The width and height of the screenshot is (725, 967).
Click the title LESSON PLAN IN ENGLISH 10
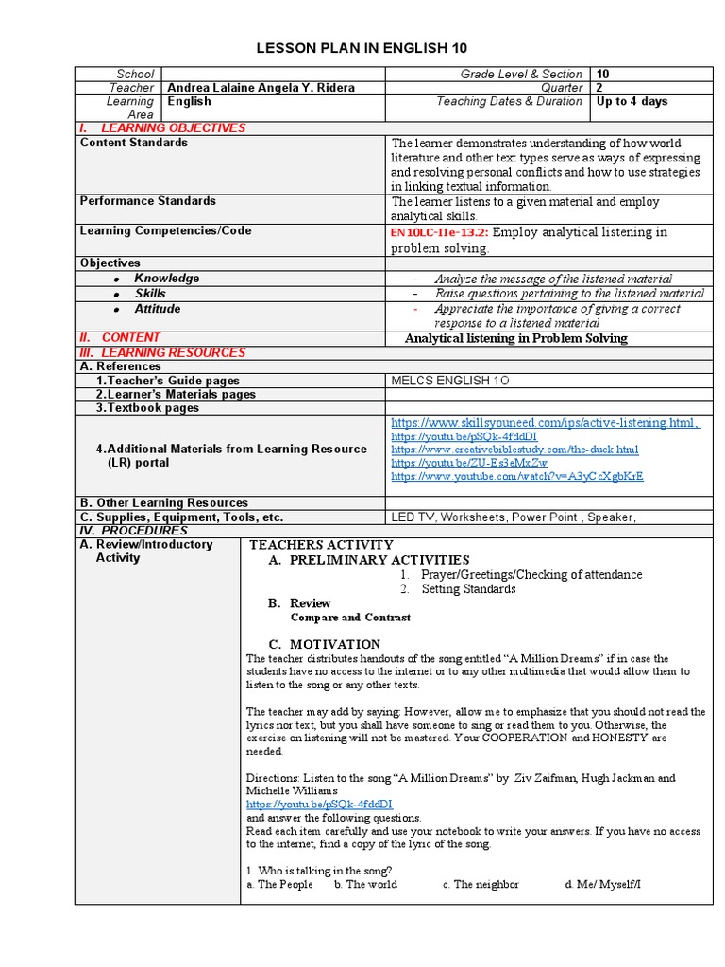point(362,49)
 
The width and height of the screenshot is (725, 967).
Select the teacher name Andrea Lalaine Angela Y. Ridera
point(261,88)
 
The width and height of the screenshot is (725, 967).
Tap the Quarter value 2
point(600,88)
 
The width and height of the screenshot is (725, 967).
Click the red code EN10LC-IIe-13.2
point(438,232)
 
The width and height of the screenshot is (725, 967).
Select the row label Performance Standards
point(147,201)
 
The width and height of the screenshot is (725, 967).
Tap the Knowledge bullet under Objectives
point(166,279)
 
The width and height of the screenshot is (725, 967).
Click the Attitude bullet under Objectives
point(157,309)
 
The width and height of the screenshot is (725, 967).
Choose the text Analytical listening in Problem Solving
point(515,338)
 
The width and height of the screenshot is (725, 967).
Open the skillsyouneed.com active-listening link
point(545,423)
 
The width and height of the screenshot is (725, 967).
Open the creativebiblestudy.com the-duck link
point(514,450)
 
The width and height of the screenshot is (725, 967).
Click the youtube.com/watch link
point(516,477)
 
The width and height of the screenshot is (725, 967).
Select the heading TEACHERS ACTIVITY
point(321,545)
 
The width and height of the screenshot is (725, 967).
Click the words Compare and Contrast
point(350,618)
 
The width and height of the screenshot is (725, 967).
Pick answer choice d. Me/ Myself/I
point(602,885)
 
